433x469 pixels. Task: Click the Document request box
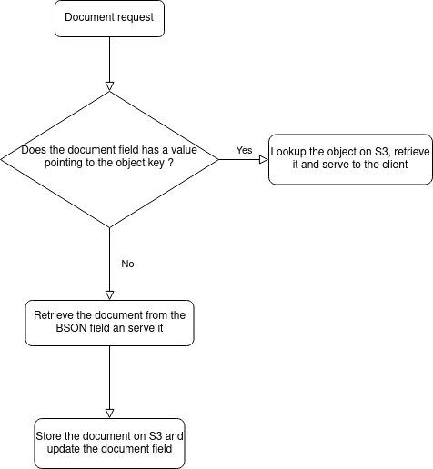(x=109, y=18)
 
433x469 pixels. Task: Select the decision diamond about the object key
(x=109, y=159)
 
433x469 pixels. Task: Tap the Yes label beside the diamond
(x=244, y=150)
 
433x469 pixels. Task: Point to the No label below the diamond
(x=127, y=264)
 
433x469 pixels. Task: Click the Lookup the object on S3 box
(x=350, y=159)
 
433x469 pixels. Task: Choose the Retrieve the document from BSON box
(x=109, y=323)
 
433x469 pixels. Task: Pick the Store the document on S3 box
(x=109, y=444)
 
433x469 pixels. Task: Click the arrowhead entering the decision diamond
(x=109, y=86)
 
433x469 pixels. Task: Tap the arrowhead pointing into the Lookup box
(x=264, y=159)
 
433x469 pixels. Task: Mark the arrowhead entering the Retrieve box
(x=109, y=295)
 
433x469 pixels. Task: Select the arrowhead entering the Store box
(x=109, y=414)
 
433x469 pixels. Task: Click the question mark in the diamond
(x=170, y=163)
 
